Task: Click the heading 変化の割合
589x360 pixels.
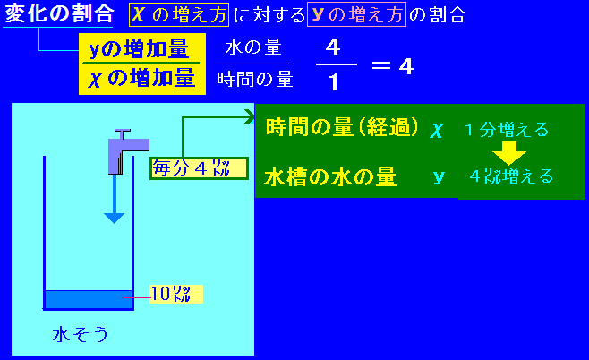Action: tap(59, 13)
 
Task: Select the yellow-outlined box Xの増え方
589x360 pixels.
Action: tap(179, 14)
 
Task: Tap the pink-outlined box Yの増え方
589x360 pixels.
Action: tap(356, 14)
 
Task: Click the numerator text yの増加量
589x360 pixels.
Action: tap(139, 49)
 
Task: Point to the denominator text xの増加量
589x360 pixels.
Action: tap(141, 79)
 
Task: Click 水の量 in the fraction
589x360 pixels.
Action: tap(253, 47)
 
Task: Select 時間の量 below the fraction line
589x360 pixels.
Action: tap(255, 80)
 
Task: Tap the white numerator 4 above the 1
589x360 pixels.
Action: tap(333, 47)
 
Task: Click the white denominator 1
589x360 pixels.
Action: tap(334, 81)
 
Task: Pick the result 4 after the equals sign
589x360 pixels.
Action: tap(406, 66)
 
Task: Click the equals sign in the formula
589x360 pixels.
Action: tap(381, 66)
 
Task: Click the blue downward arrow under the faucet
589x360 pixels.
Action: tap(115, 199)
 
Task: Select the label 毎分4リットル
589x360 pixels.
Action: tap(199, 168)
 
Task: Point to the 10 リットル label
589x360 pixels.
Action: tap(176, 294)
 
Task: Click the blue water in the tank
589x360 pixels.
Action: tap(89, 299)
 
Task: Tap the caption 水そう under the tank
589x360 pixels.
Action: tap(80, 334)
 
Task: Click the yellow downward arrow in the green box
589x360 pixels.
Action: tap(509, 153)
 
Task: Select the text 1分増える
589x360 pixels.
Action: tap(507, 130)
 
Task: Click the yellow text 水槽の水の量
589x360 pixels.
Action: tap(330, 177)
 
